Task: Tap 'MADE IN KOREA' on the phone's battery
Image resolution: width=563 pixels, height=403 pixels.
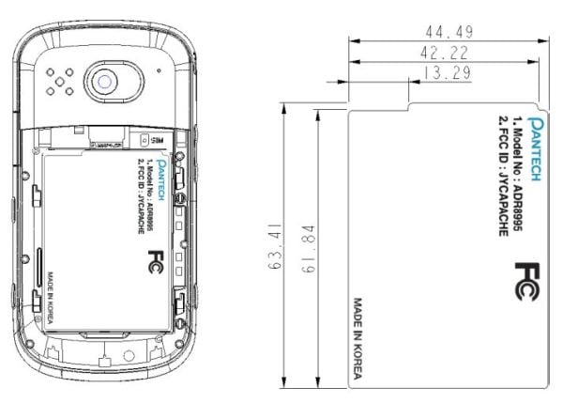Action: pos(50,292)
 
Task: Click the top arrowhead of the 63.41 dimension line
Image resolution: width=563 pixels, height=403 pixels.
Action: pos(283,106)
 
